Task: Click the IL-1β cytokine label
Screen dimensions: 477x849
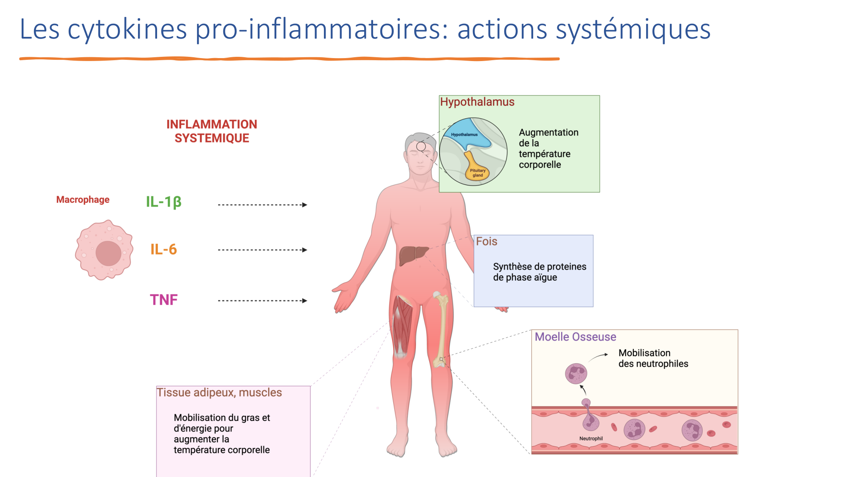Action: (x=163, y=202)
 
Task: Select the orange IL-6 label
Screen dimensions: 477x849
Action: (x=163, y=249)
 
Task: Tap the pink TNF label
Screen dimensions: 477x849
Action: (x=163, y=300)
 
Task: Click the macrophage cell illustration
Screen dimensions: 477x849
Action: (x=104, y=250)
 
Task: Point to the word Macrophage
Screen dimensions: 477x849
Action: (x=83, y=200)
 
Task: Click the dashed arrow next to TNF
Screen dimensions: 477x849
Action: (x=262, y=301)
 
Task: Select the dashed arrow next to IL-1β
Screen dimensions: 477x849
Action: (x=262, y=205)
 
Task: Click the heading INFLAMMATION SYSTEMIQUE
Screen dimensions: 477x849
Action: (x=211, y=131)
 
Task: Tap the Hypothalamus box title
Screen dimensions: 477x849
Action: (x=477, y=102)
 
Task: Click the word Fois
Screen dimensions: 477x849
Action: (x=486, y=242)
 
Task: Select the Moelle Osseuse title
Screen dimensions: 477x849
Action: (x=575, y=337)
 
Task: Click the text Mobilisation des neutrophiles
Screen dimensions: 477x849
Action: (x=653, y=358)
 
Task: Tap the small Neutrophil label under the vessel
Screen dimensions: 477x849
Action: (x=591, y=438)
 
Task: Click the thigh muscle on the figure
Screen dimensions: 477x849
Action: (x=402, y=324)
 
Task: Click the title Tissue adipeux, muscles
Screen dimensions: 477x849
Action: (x=219, y=393)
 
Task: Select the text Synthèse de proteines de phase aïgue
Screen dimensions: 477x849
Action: (x=539, y=272)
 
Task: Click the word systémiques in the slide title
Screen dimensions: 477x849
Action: (x=633, y=30)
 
